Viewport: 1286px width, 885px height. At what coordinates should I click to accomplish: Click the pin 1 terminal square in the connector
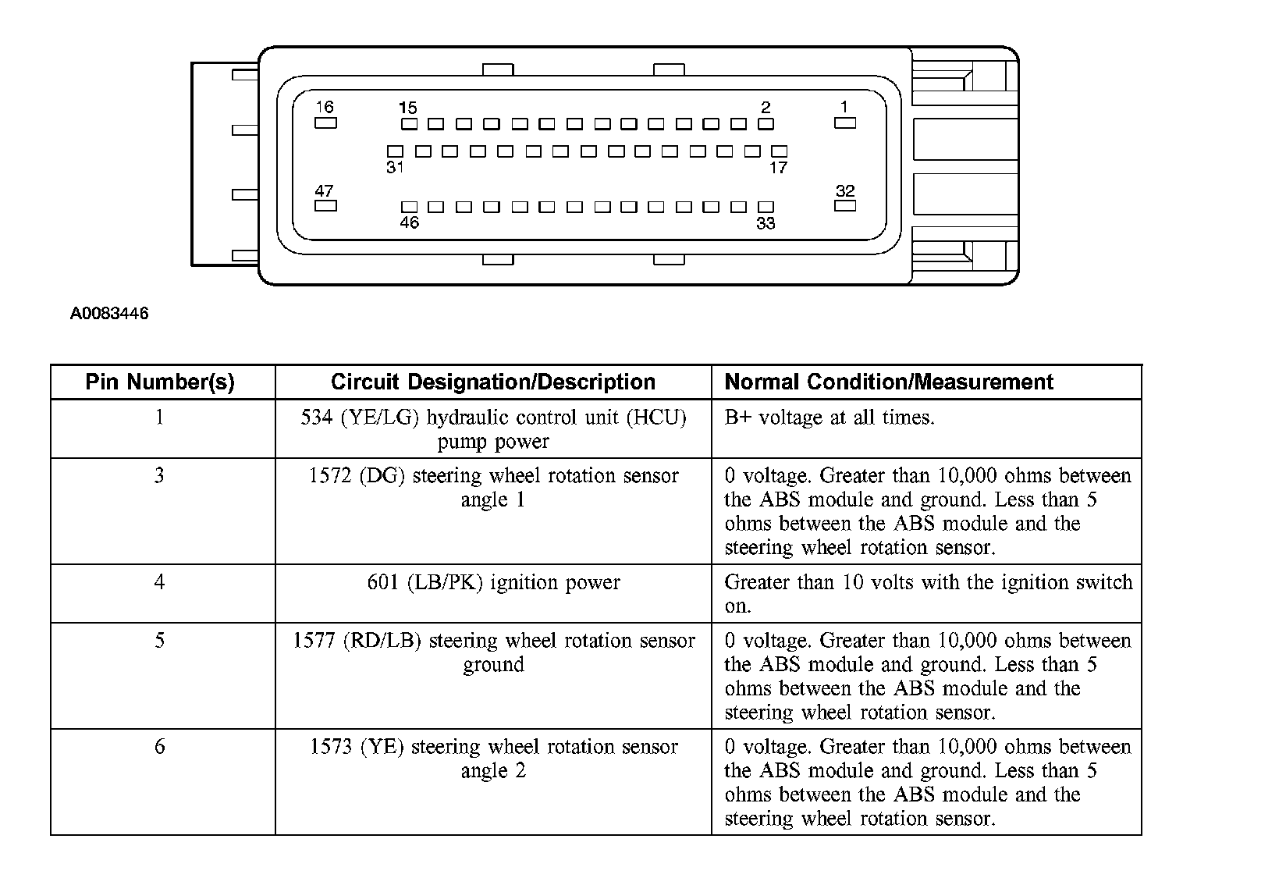click(x=845, y=123)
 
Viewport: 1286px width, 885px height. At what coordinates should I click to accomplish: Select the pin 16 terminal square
click(x=325, y=123)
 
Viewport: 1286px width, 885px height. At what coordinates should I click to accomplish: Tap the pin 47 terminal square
click(x=325, y=206)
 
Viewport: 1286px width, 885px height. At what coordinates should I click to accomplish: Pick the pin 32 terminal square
click(x=845, y=206)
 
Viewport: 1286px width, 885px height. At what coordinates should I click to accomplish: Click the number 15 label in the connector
click(x=408, y=108)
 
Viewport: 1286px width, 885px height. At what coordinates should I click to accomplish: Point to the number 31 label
click(x=395, y=167)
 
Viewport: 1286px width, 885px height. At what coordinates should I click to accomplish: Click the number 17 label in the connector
click(x=778, y=167)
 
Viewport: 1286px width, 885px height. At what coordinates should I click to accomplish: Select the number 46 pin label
click(x=409, y=223)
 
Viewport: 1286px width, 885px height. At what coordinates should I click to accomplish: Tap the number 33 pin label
click(x=766, y=223)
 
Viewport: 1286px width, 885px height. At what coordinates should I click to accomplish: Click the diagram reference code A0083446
click(x=109, y=314)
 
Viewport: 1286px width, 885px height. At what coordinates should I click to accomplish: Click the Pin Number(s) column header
click(x=160, y=382)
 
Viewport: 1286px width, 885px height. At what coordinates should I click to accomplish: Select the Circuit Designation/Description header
click(x=493, y=382)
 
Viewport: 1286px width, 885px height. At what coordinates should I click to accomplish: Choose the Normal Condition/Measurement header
click(x=889, y=382)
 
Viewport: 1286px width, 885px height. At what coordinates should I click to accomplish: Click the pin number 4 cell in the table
click(x=160, y=582)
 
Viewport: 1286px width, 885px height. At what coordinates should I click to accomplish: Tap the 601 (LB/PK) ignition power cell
click(x=493, y=582)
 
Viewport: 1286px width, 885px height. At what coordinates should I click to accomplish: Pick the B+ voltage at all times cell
click(x=830, y=418)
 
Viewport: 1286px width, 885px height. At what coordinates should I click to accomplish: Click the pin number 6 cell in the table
click(x=160, y=747)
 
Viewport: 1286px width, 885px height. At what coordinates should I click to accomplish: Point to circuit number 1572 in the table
click(x=330, y=476)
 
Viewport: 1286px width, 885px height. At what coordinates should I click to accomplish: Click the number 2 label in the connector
click(x=766, y=108)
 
